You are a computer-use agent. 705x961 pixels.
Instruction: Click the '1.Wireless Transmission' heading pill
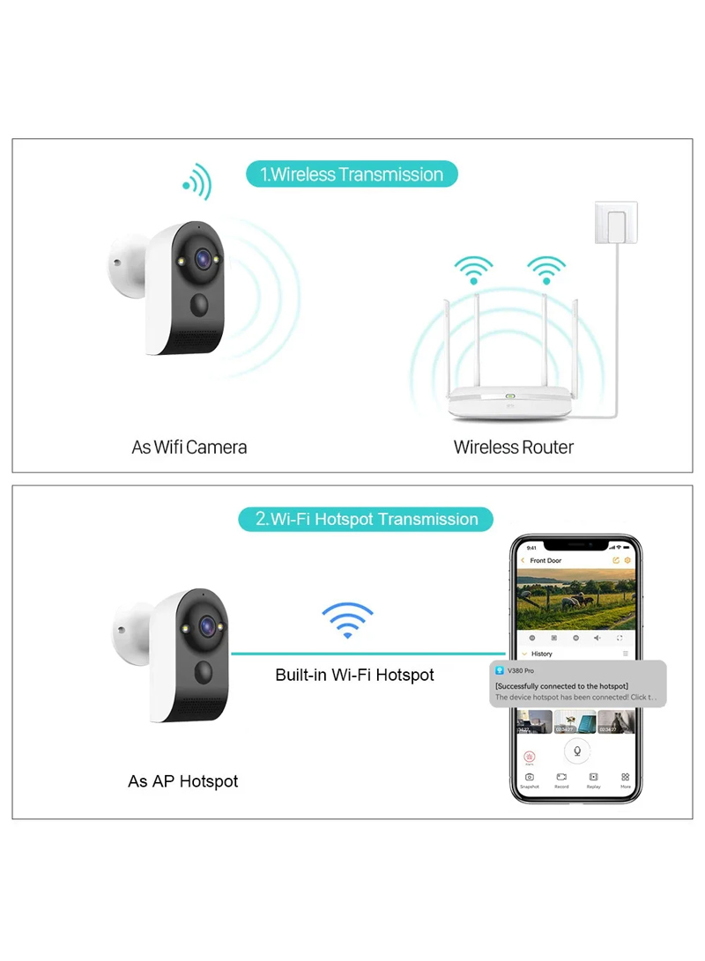click(x=352, y=174)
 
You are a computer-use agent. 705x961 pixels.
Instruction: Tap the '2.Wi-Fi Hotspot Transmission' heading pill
click(x=366, y=519)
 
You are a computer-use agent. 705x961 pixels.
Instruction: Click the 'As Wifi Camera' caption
click(x=189, y=447)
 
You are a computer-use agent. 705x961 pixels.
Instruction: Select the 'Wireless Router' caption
click(x=513, y=447)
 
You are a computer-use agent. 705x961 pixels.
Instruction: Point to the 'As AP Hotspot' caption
click(x=183, y=781)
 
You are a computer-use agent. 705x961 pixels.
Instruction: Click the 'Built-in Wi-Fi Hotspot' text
click(x=354, y=676)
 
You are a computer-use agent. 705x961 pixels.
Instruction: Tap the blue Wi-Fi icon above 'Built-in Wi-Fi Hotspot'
click(x=347, y=620)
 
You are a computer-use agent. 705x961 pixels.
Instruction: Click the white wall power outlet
click(x=616, y=223)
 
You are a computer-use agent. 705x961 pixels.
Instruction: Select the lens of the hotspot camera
click(x=204, y=624)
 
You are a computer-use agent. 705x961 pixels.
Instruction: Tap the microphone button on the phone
click(x=577, y=751)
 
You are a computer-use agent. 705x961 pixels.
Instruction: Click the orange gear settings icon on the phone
click(x=627, y=560)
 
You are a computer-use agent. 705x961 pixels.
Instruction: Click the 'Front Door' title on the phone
click(x=545, y=561)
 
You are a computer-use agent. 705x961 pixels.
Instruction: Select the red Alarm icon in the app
click(x=529, y=756)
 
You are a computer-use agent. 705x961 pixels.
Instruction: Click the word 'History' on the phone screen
click(x=542, y=654)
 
